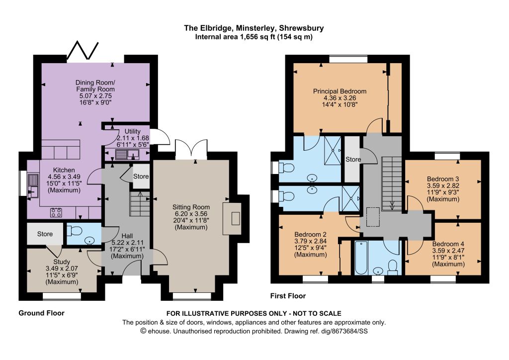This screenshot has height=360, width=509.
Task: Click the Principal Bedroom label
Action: (339, 91)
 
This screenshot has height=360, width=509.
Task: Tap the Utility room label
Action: (132, 131)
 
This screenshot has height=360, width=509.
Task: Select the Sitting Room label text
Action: (191, 207)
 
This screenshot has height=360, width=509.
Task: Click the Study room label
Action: (62, 262)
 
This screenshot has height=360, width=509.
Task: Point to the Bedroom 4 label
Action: (448, 244)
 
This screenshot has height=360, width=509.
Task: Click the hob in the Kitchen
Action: (56, 212)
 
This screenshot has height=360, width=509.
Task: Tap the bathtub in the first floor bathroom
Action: (361, 258)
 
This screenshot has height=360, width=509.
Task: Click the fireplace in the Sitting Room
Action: (232, 218)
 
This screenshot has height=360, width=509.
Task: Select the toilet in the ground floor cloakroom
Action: (74, 231)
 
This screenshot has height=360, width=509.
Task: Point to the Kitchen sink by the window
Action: (33, 186)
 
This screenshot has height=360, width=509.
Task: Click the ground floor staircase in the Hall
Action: (140, 203)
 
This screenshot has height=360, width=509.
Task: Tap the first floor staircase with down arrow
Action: (392, 184)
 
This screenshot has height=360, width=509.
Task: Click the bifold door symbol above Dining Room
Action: (83, 51)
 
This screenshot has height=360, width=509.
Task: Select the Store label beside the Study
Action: (45, 234)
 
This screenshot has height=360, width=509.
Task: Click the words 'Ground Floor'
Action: (42, 313)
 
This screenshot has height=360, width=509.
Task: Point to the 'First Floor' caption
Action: (288, 296)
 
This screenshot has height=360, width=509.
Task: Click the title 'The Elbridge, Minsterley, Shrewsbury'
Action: (254, 28)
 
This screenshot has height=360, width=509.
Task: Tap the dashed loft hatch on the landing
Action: (373, 217)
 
